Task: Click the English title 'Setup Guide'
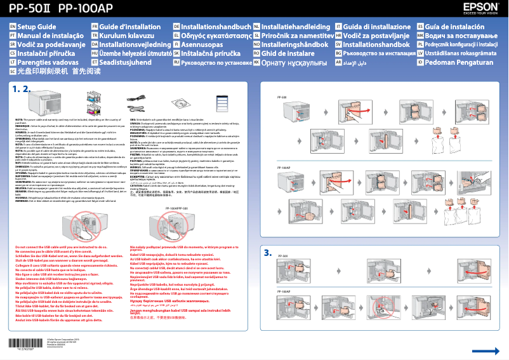click(36, 27)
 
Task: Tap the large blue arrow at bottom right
click(481, 351)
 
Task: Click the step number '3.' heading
click(268, 251)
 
